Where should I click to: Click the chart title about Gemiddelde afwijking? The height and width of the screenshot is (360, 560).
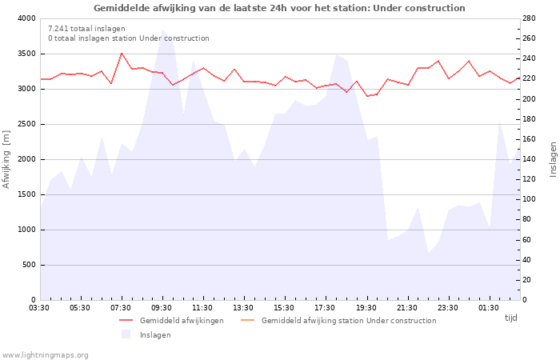pyautogui.click(x=279, y=8)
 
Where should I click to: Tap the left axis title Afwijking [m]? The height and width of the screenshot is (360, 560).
pyautogui.click(x=7, y=159)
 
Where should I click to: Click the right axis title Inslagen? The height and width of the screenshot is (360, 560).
pyautogui.click(x=552, y=159)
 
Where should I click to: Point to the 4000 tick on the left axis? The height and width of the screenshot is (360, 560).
pyautogui.click(x=26, y=18)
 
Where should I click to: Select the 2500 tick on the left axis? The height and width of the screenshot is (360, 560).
pyautogui.click(x=26, y=124)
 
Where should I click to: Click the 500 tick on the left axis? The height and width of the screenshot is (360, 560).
pyautogui.click(x=29, y=265)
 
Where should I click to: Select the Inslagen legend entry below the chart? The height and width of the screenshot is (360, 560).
pyautogui.click(x=155, y=335)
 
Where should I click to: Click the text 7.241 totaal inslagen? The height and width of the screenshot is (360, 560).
pyautogui.click(x=86, y=29)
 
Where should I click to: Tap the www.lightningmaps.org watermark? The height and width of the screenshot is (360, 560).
pyautogui.click(x=46, y=355)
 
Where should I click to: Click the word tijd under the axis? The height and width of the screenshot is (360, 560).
pyautogui.click(x=510, y=318)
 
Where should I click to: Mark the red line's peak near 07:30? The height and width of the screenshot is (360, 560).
pyautogui.click(x=122, y=54)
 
